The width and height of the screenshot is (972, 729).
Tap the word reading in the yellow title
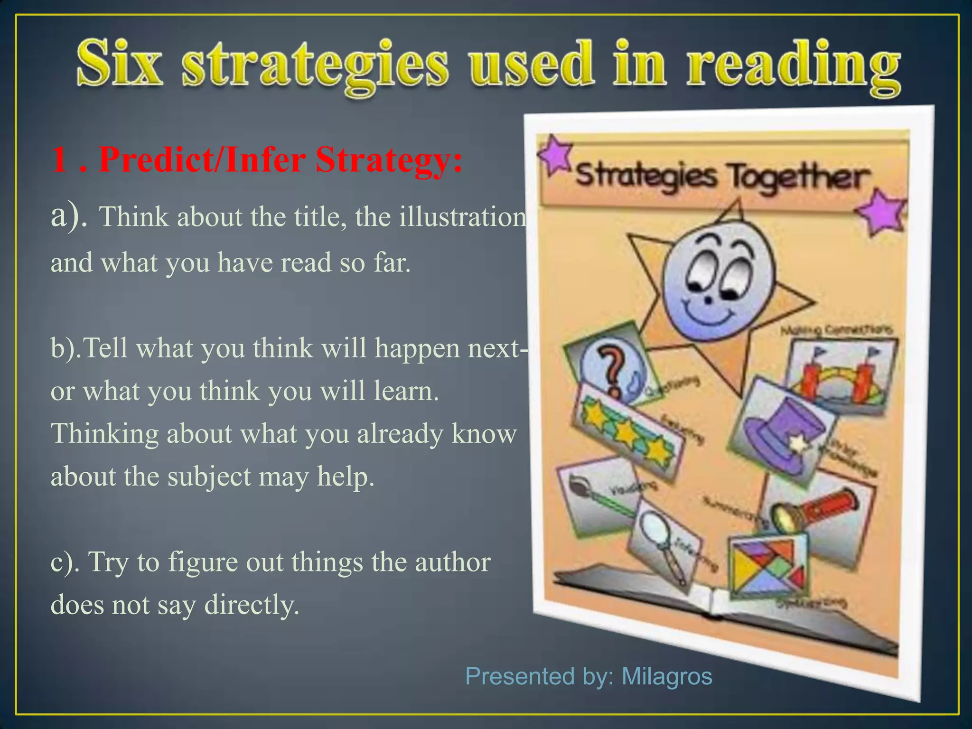point(793,66)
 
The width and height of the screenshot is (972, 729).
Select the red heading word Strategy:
point(389,160)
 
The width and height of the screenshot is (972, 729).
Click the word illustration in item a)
point(463,217)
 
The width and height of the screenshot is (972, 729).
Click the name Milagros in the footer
point(666,676)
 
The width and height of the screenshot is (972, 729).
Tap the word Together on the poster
point(799,178)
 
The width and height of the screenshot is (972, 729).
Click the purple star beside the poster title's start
point(555,154)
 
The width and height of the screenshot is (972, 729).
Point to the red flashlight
point(816,510)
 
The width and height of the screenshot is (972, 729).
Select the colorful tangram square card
point(766,565)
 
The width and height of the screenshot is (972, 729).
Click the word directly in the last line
point(251,605)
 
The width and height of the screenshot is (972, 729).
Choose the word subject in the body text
point(209,477)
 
